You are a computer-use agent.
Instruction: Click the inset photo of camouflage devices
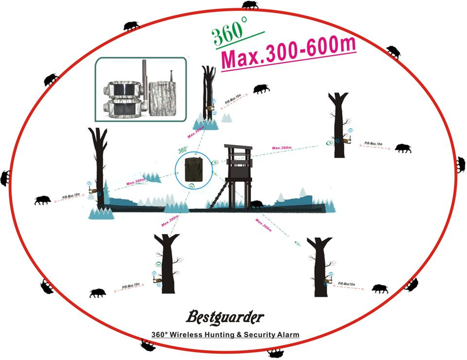coord(141,90)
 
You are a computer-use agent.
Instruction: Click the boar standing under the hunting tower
coord(256,204)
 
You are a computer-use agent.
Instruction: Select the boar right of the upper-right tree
coord(403,148)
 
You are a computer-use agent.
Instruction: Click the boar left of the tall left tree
coord(42,200)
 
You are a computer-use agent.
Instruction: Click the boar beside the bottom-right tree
coord(379,289)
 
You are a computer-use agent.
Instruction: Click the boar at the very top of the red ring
coord(250,5)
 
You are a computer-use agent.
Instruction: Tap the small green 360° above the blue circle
coord(183,151)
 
